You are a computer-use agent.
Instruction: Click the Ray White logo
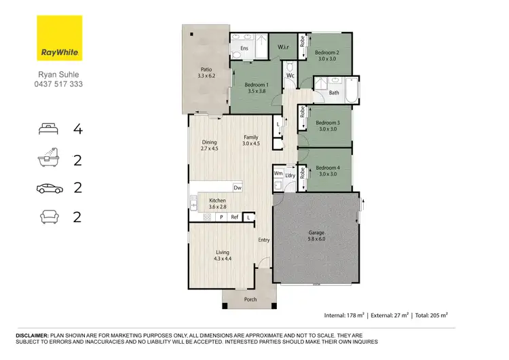59,38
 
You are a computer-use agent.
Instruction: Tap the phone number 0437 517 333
59,85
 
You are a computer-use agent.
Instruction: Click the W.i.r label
284,48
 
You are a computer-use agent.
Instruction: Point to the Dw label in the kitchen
237,187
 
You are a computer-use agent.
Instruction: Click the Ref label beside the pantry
234,217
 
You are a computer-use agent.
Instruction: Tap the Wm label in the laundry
278,174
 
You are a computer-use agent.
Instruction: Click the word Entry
264,240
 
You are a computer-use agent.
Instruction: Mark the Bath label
334,92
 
